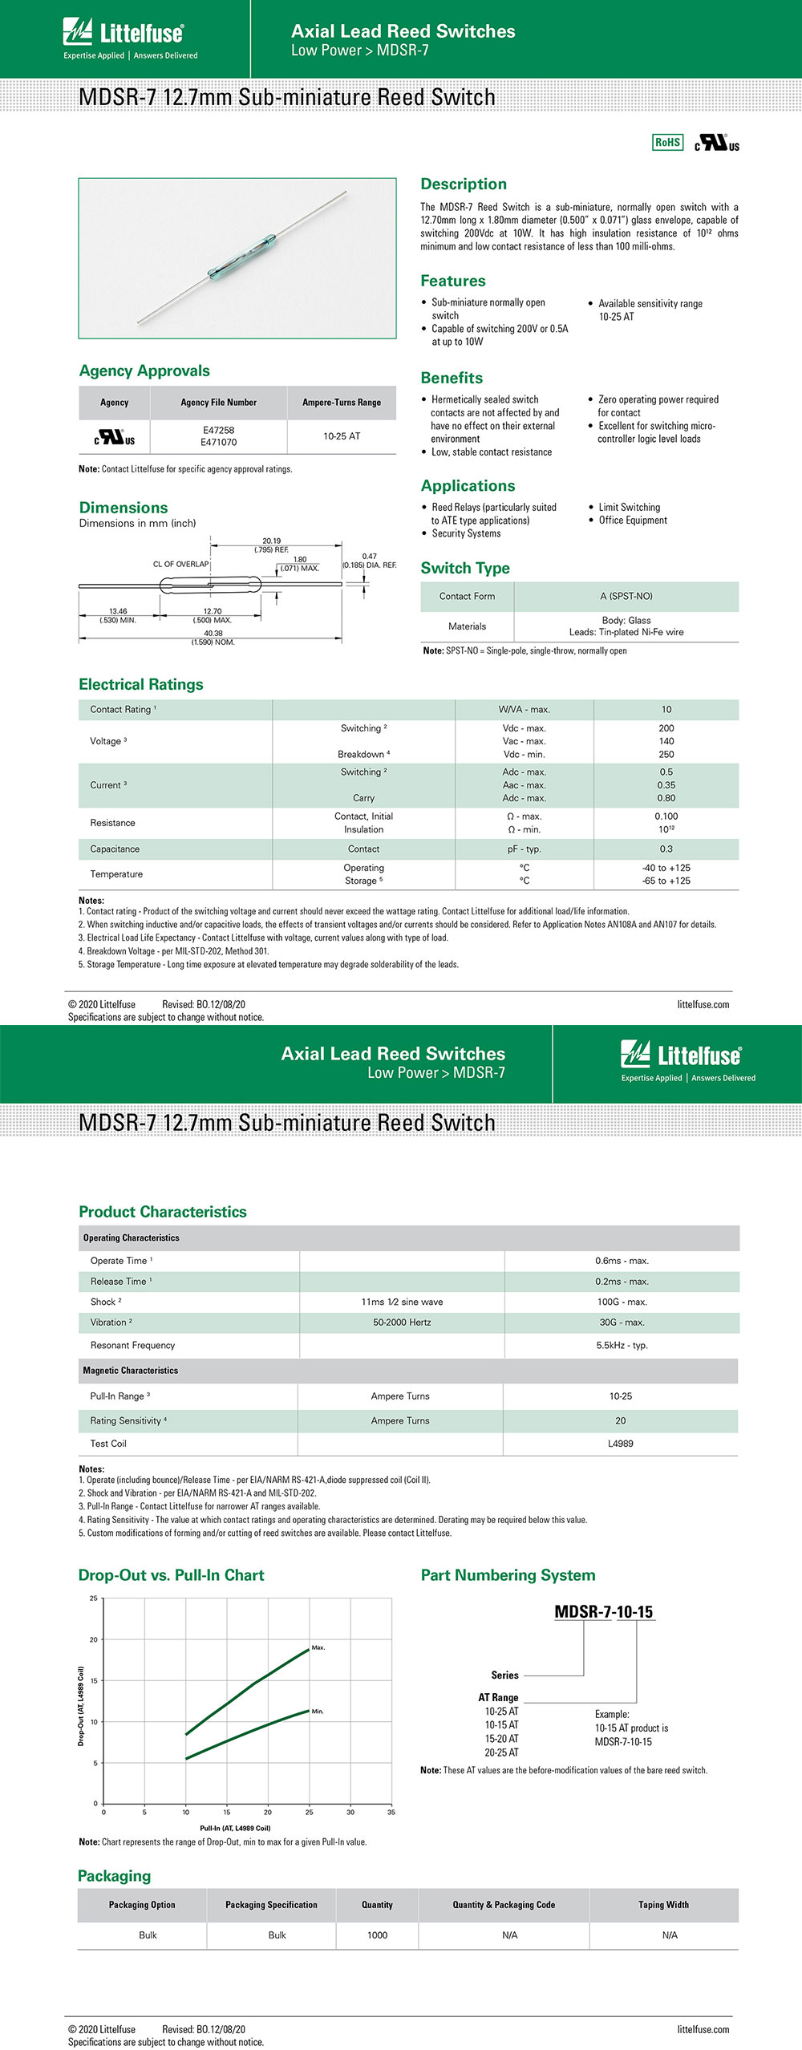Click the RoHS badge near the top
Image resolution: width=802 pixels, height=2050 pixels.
point(667,143)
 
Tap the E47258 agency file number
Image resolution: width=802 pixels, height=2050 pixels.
point(218,431)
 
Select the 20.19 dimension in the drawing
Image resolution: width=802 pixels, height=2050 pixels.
point(271,541)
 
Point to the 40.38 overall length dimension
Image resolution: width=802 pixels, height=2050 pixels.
point(213,634)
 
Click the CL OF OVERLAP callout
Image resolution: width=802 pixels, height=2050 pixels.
point(180,565)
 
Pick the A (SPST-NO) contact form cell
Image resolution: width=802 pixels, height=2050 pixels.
point(626,597)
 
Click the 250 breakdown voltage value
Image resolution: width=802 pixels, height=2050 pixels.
point(666,755)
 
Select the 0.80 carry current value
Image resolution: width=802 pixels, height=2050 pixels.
point(666,799)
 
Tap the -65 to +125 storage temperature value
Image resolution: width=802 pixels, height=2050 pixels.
point(666,881)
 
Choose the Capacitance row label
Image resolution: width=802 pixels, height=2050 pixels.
point(115,849)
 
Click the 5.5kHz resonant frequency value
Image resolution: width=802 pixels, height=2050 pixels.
point(622,1346)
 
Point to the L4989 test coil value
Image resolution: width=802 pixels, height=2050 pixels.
point(620,1444)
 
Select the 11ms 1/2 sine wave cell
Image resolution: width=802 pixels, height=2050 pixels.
point(402,1303)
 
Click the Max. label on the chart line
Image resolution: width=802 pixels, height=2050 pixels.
point(318,1648)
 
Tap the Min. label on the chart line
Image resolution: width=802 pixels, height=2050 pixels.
point(318,1712)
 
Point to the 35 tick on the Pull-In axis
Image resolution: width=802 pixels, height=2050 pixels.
point(391,1813)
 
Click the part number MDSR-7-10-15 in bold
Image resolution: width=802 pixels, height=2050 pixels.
point(603,1612)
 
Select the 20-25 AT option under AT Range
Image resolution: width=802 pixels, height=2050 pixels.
point(501,1752)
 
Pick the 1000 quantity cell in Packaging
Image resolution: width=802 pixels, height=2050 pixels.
point(377,1935)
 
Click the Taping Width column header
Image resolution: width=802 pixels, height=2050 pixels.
point(663,1905)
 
